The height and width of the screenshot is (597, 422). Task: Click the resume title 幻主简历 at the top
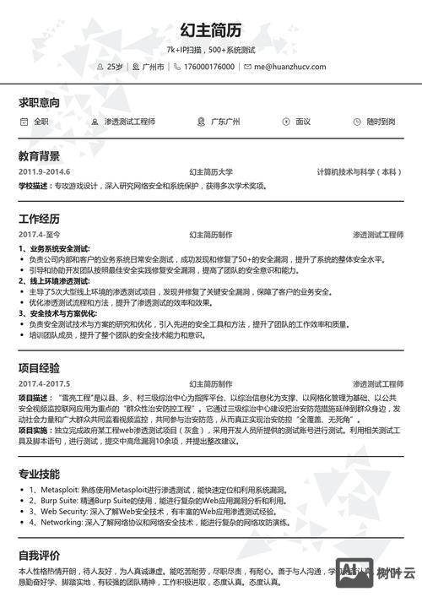click(x=211, y=30)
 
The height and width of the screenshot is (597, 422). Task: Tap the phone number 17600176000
click(x=208, y=66)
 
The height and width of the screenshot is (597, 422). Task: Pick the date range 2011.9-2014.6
click(x=44, y=172)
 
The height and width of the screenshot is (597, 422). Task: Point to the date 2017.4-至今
click(x=40, y=234)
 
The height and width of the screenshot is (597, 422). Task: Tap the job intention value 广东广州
click(x=225, y=122)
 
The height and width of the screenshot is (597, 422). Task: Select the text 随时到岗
click(x=381, y=122)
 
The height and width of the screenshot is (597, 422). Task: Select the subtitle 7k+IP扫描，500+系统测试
click(x=211, y=50)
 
